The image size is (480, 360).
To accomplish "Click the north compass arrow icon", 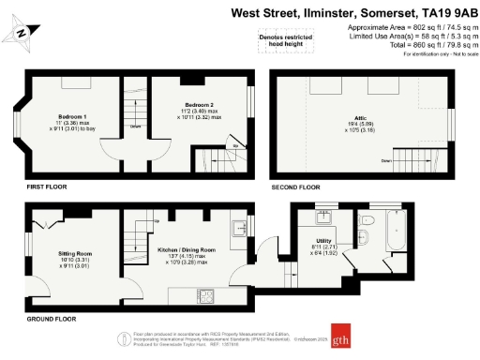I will click(22, 35).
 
